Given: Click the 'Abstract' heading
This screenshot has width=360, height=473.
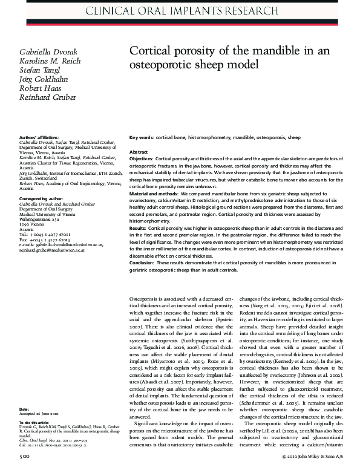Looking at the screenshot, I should click(139, 152).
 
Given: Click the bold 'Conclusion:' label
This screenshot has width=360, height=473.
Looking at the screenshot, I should click(144, 263).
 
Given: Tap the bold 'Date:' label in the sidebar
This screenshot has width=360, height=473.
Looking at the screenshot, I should click(24, 409).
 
